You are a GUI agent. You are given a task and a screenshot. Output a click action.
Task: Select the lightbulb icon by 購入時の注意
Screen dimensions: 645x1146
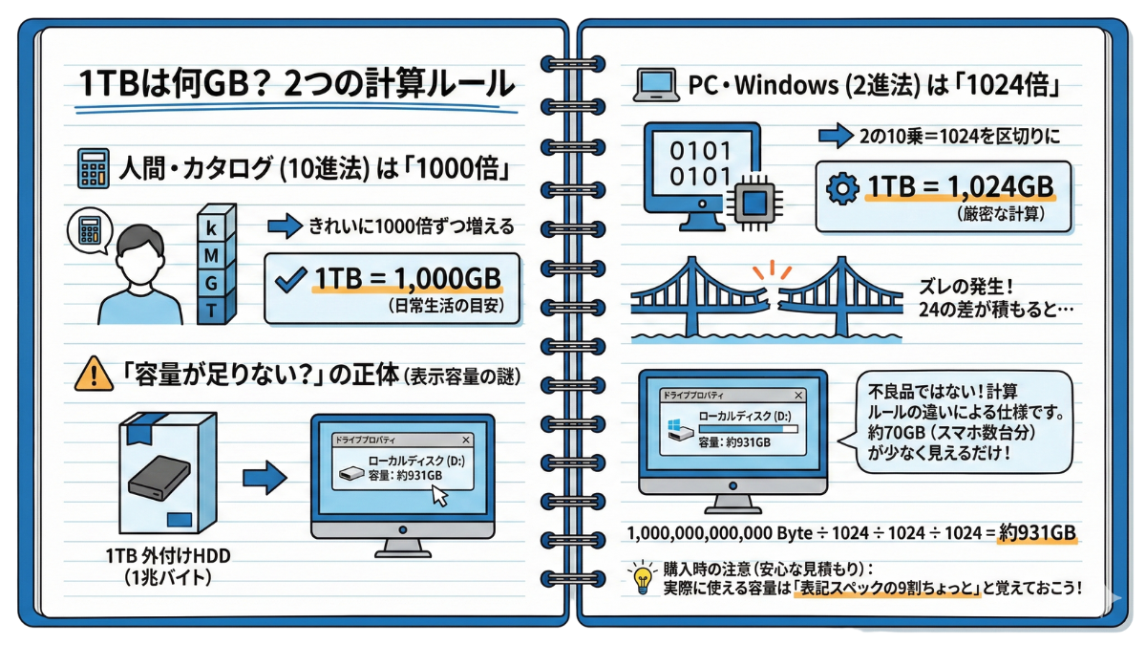coord(639,577)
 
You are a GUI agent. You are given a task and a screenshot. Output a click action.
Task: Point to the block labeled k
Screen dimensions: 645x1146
coord(211,226)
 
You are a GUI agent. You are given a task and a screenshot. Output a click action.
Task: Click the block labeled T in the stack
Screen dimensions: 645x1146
coord(211,309)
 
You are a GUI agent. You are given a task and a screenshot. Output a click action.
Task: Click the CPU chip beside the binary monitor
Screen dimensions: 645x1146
coord(753,202)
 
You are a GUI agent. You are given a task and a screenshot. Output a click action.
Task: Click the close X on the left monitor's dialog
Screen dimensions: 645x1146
coord(465,441)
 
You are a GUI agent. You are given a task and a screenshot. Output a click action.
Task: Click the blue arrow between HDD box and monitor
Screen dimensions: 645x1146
coord(258,477)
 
